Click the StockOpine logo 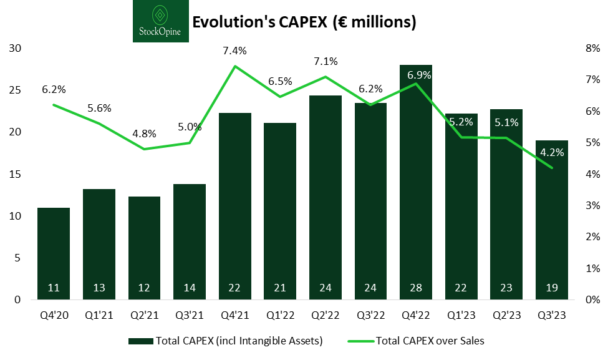tap(160, 21)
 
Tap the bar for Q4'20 tap(54, 253)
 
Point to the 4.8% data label tap(145, 134)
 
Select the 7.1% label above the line tap(326, 61)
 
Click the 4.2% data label tap(552, 151)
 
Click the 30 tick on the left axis tap(14, 49)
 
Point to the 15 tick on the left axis tap(14, 174)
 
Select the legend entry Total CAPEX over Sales tap(430, 341)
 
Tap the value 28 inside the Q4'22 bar tap(416, 288)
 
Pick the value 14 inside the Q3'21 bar tap(190, 288)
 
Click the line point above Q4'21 tap(235, 66)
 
